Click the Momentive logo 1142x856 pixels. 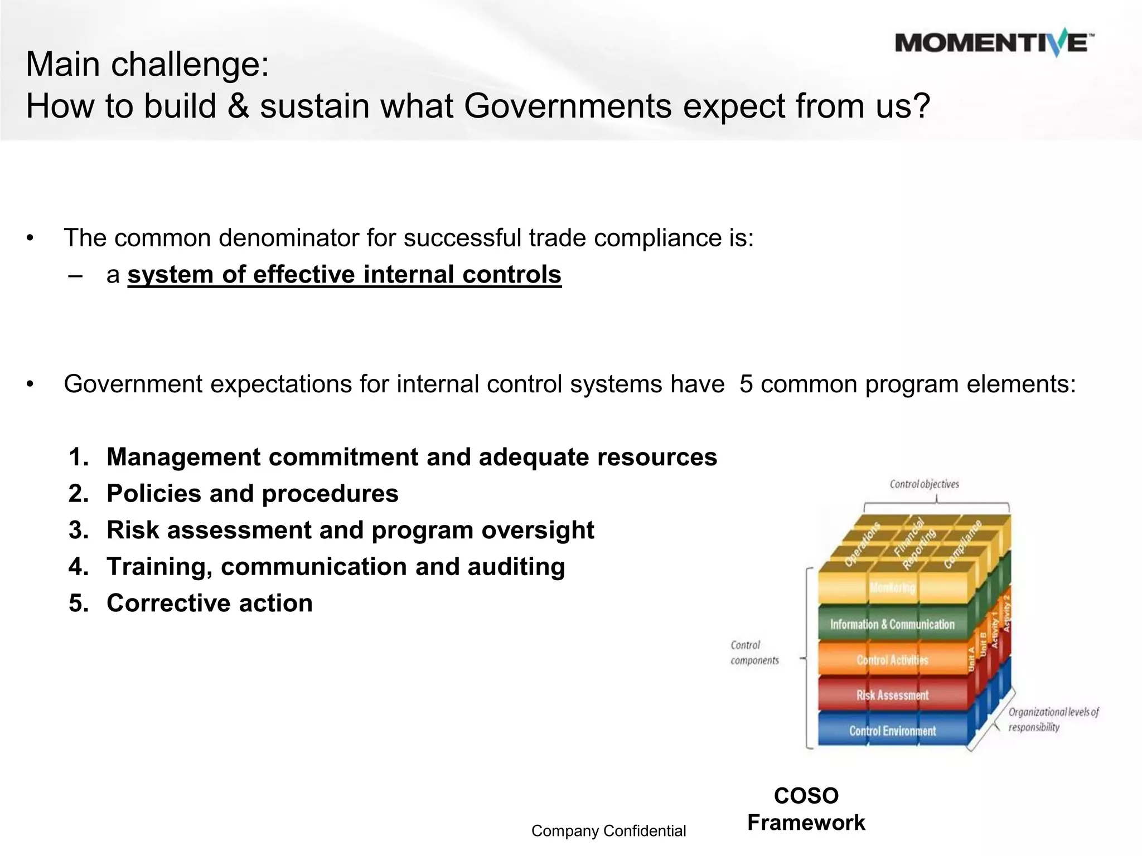coord(994,43)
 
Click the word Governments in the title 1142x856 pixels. coord(568,106)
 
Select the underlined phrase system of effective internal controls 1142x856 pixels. coord(344,275)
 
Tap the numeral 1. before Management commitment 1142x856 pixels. coord(79,457)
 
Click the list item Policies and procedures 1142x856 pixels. coord(252,494)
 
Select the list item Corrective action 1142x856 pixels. coord(209,603)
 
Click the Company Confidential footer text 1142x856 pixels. coord(608,831)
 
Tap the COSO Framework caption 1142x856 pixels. coord(806,809)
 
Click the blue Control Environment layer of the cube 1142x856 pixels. coord(892,731)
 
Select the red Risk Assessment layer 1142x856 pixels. coord(892,695)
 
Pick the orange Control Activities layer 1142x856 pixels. coord(892,660)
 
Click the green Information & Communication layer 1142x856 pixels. coord(892,624)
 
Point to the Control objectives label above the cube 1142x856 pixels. coord(924,484)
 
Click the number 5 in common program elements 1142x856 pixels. coord(746,385)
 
